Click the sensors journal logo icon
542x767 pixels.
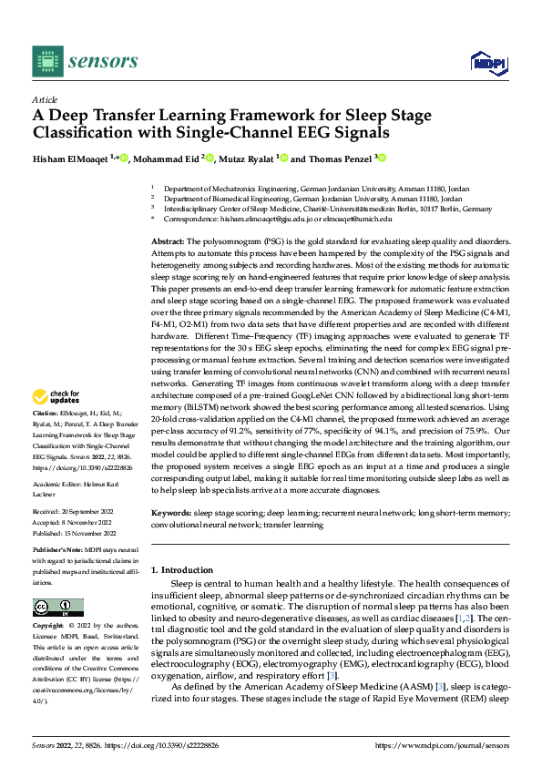[47, 60]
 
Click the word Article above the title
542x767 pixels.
[45, 98]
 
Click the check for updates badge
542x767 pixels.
[56, 397]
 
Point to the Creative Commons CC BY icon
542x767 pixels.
[58, 608]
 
